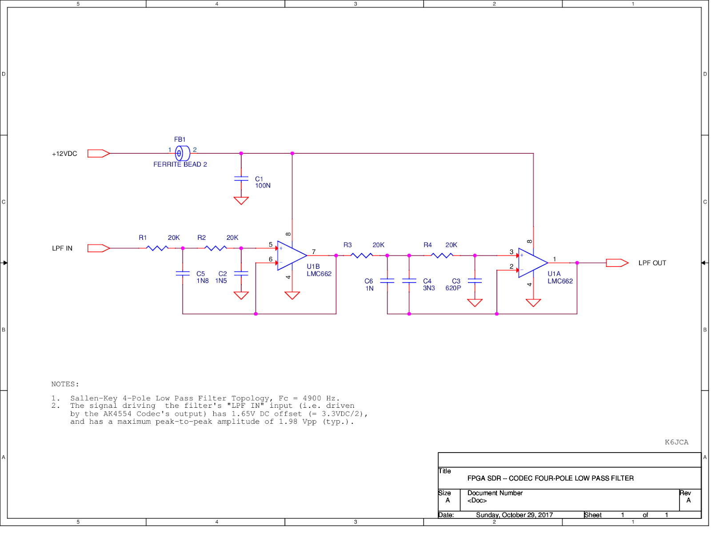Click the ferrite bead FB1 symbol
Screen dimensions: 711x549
tap(182, 153)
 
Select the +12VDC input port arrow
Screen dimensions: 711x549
tap(98, 153)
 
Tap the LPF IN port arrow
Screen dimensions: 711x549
tap(98, 248)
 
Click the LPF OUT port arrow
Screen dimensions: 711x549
tap(617, 263)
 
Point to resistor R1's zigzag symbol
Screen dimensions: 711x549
tap(157, 248)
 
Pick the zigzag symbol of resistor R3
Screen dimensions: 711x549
tap(362, 255)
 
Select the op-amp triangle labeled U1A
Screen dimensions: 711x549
tap(532, 263)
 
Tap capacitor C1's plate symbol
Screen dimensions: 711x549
tap(241, 179)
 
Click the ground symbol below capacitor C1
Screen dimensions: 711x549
tap(241, 201)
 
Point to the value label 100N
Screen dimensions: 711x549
tap(263, 186)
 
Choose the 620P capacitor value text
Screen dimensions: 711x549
tap(453, 288)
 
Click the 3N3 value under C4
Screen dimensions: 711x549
tap(429, 288)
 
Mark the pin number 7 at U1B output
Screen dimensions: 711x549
tap(314, 252)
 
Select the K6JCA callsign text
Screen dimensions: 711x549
tap(676, 442)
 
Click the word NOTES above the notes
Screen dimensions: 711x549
tap(64, 384)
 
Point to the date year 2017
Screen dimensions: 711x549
tap(546, 515)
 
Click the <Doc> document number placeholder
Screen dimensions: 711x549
tap(477, 501)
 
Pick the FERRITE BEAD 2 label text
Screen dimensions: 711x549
tap(180, 164)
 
